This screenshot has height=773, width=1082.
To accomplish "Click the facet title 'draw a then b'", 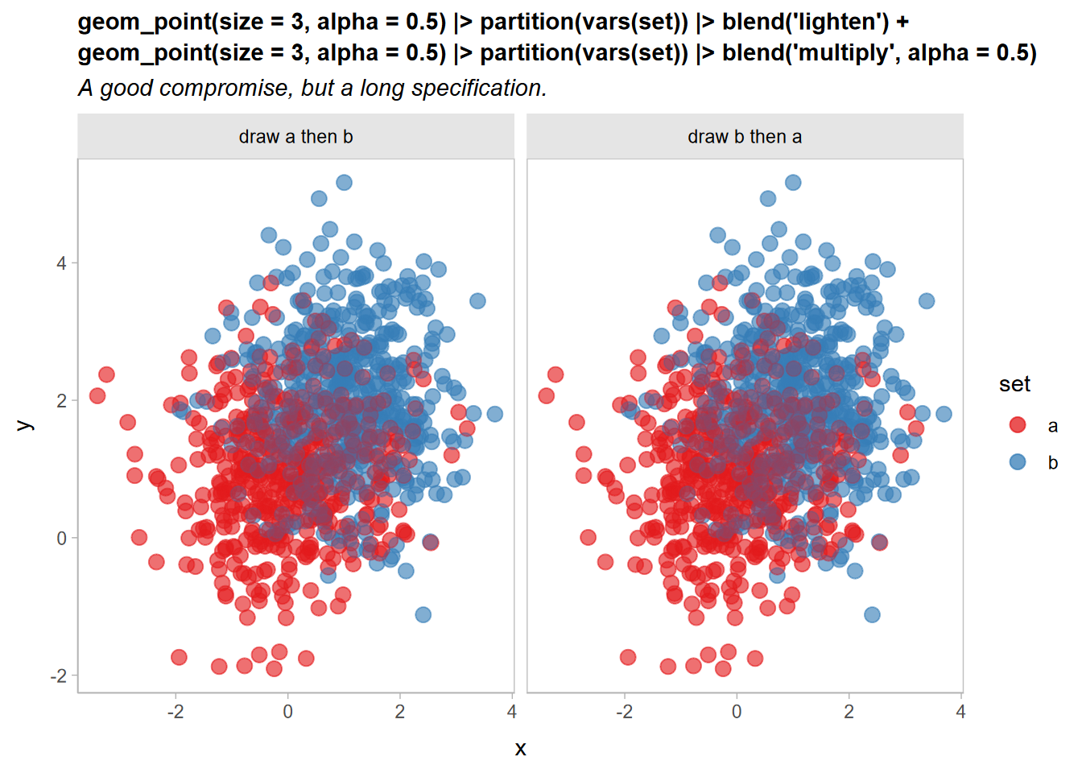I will tap(295, 137).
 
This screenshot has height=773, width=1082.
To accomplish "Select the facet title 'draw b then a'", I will tap(745, 137).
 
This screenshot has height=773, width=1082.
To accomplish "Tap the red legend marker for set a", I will tap(1018, 425).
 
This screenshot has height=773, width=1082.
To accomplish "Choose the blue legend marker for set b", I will tap(1018, 461).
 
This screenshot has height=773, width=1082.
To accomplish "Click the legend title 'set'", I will tap(1014, 385).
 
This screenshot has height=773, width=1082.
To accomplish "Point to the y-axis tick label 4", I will tap(62, 263).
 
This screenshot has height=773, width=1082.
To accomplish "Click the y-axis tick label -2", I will tap(59, 676).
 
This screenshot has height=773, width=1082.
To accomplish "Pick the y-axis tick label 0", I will tap(62, 539).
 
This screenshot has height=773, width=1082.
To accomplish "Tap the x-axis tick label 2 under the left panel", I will tap(400, 712).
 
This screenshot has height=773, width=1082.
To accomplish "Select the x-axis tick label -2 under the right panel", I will tap(624, 712).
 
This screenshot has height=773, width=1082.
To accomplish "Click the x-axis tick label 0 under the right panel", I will tap(737, 712).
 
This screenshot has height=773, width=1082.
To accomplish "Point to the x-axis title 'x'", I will tap(520, 749).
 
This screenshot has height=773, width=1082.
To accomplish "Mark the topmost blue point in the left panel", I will tap(344, 183).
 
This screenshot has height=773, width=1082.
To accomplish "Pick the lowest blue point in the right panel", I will tap(872, 614).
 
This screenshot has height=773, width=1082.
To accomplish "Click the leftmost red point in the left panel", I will tap(97, 395).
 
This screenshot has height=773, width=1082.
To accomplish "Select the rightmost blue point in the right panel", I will tap(944, 414).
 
